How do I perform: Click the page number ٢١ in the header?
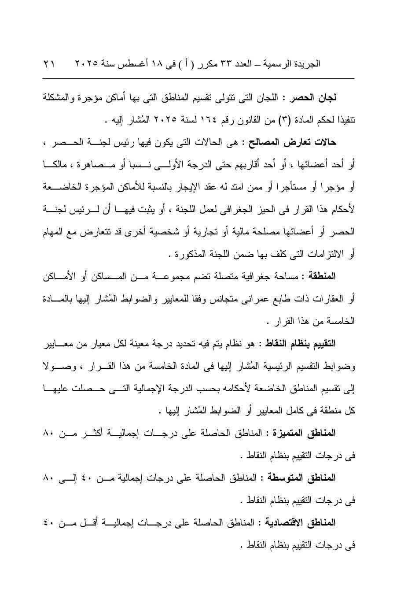[49, 64]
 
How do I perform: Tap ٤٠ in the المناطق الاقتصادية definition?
[49, 523]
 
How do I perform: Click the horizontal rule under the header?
[198, 78]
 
